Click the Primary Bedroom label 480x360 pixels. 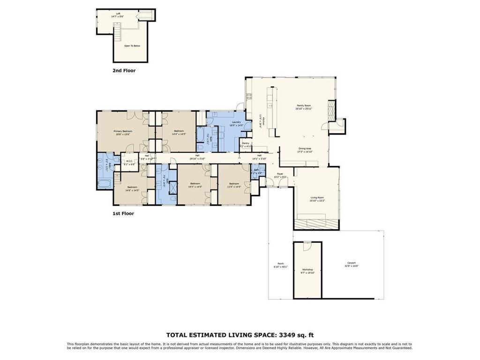123,132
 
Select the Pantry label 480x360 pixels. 246,143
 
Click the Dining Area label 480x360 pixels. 305,150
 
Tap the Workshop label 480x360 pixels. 307,270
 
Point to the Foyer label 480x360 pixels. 280,174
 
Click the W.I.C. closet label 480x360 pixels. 129,162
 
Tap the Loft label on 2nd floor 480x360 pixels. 118,14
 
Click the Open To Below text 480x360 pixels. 132,46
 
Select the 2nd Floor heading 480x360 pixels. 124,71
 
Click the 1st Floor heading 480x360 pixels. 123,214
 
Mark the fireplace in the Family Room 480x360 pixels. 331,111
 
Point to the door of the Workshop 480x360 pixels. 307,246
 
